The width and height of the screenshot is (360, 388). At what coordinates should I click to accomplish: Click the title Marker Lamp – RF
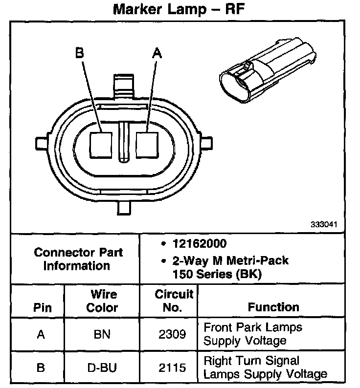(x=179, y=10)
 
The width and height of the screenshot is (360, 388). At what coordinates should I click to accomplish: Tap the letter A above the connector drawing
(x=157, y=53)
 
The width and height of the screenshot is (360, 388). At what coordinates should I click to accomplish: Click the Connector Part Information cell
(x=78, y=259)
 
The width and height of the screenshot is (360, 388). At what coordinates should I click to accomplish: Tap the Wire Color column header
(x=103, y=301)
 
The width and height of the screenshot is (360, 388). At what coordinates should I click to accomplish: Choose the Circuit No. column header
(x=174, y=301)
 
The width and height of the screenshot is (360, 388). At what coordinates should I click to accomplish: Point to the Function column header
(x=273, y=307)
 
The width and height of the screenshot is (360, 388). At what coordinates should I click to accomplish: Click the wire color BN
(x=103, y=334)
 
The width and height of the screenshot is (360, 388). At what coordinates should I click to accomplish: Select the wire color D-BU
(x=103, y=367)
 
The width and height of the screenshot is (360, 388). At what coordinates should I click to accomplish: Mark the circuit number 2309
(x=173, y=334)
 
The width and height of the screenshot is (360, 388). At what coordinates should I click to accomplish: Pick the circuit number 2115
(x=173, y=367)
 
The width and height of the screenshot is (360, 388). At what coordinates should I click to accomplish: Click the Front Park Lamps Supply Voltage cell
(x=252, y=334)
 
